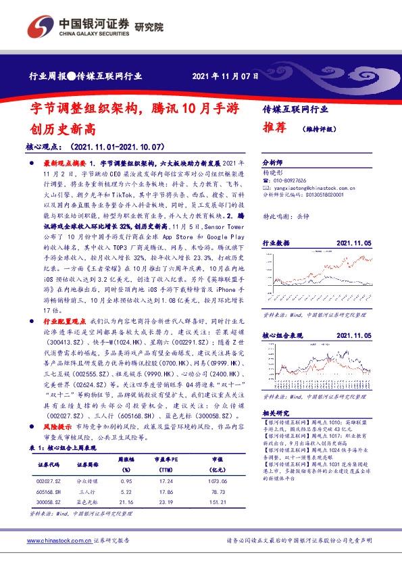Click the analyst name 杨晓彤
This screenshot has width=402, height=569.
pos(272,172)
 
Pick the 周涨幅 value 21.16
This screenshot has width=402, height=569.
pos(125,501)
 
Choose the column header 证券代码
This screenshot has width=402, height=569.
pos(49,465)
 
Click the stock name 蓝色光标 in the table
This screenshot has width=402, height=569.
pos(88,501)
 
